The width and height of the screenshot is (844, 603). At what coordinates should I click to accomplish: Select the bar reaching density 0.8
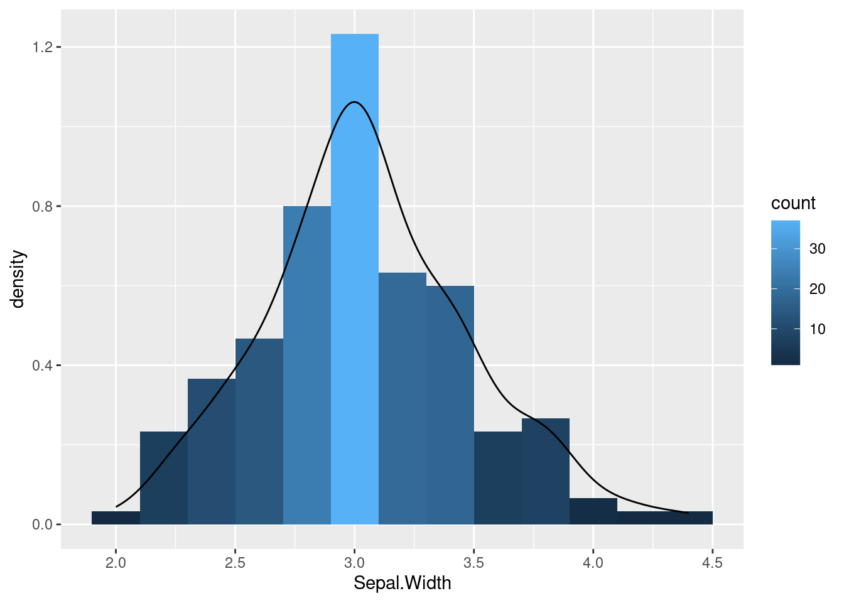pos(307,365)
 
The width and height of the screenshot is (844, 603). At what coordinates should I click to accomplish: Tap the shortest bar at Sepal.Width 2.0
pos(116,518)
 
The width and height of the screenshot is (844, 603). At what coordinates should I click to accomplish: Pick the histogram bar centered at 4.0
pos(593,511)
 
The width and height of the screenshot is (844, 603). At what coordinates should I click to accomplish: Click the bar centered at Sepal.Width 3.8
pos(546,471)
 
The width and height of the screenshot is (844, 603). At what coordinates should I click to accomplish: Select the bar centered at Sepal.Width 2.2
pos(164,478)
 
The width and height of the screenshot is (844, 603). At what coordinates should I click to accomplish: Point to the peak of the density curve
pos(355,102)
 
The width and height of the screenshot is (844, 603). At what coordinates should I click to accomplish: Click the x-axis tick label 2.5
pos(235,562)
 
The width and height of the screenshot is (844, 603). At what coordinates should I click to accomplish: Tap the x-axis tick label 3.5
pos(474,562)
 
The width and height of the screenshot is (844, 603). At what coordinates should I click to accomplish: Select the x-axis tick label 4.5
pos(712,562)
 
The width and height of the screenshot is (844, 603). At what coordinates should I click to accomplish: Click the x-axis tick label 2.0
pos(116,562)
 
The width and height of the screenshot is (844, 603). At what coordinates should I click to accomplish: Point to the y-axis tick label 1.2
pos(42,47)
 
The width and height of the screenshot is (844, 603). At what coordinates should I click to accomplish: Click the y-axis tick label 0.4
pos(42,366)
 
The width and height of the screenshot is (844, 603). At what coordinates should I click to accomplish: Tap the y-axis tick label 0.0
pos(42,524)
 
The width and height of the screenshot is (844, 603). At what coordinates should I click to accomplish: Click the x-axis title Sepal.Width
pos(402,584)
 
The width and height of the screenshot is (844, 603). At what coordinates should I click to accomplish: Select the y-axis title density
pos(18,280)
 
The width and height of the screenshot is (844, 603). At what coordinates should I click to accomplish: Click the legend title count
pos(793,204)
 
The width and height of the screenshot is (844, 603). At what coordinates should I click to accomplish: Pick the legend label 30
pos(817,249)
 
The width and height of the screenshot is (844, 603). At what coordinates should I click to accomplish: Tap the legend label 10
pos(817,329)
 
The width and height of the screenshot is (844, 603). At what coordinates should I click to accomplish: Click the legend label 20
pos(817,289)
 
